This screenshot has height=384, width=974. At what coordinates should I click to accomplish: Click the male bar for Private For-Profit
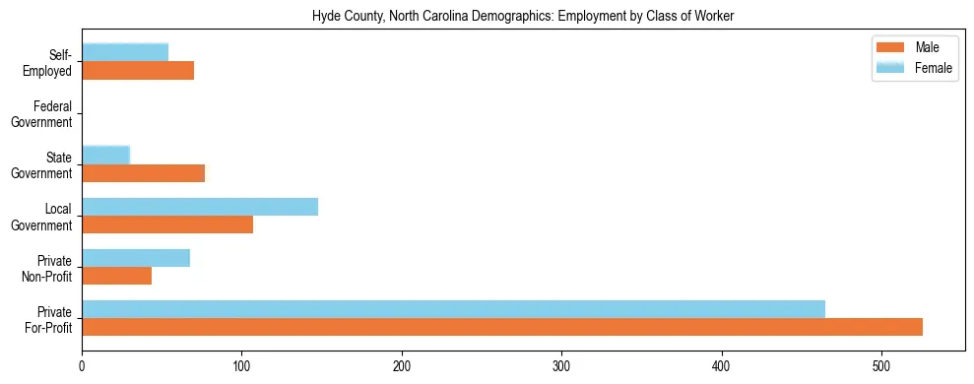501,327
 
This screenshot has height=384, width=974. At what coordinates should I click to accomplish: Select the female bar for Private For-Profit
453,309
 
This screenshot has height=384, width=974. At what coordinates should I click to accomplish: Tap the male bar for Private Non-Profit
116,276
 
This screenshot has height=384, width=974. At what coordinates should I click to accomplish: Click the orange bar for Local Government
167,224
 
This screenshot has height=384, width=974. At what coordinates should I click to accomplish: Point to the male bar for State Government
143,173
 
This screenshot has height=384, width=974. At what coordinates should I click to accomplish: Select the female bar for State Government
105,156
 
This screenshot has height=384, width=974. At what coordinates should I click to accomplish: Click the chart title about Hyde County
523,17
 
